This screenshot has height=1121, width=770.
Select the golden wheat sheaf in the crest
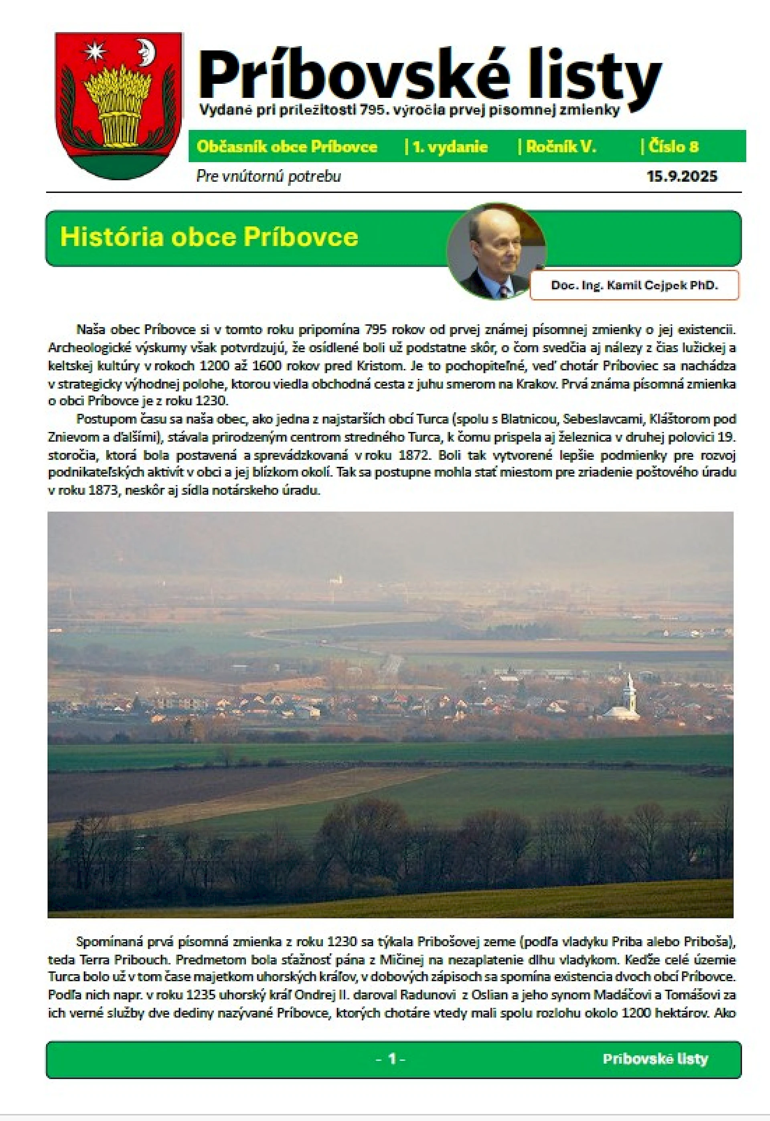tap(118, 104)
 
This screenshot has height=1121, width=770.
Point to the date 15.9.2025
tap(682, 176)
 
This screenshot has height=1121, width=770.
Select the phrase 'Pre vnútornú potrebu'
tap(268, 176)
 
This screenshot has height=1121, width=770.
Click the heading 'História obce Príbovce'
tap(209, 237)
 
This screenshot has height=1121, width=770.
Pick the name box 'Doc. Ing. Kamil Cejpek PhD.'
tap(634, 285)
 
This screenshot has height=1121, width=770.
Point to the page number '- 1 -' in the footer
tap(390, 1059)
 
